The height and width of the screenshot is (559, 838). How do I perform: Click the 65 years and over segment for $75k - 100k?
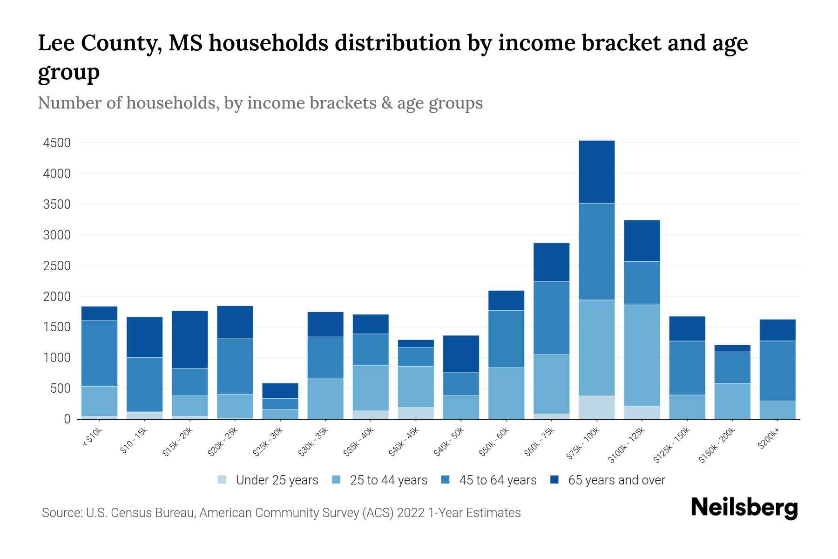point(596,171)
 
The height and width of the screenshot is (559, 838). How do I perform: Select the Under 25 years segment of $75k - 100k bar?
point(596,407)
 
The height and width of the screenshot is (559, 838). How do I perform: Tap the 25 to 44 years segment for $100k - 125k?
point(642,355)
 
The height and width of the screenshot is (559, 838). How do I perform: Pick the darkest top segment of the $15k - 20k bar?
point(189,339)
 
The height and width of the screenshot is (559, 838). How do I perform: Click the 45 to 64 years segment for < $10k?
point(99,353)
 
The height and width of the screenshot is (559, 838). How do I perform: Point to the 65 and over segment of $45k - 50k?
point(461,354)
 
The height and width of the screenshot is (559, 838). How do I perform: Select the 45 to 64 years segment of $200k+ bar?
point(777,370)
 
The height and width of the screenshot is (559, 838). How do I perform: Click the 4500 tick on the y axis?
point(57,143)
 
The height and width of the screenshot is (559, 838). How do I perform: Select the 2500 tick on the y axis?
point(57,266)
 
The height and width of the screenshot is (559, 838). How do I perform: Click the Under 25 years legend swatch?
point(223,480)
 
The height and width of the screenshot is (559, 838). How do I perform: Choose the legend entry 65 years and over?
point(616,480)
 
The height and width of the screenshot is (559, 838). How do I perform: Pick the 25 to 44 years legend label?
point(388,480)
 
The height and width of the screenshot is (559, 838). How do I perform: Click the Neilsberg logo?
point(743,508)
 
